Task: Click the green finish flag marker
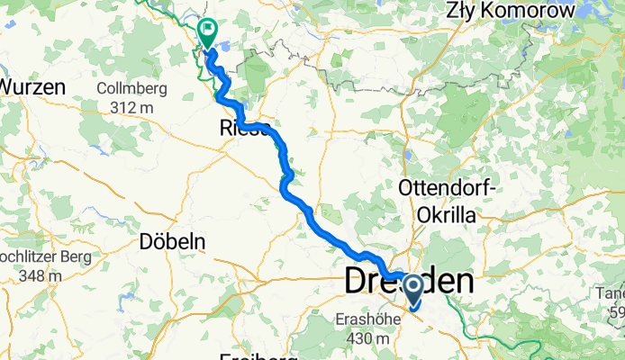(207, 33)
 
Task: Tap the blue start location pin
(413, 291)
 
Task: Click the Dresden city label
(409, 281)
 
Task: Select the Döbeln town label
(173, 241)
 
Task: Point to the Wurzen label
(32, 86)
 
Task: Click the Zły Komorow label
(522, 11)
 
